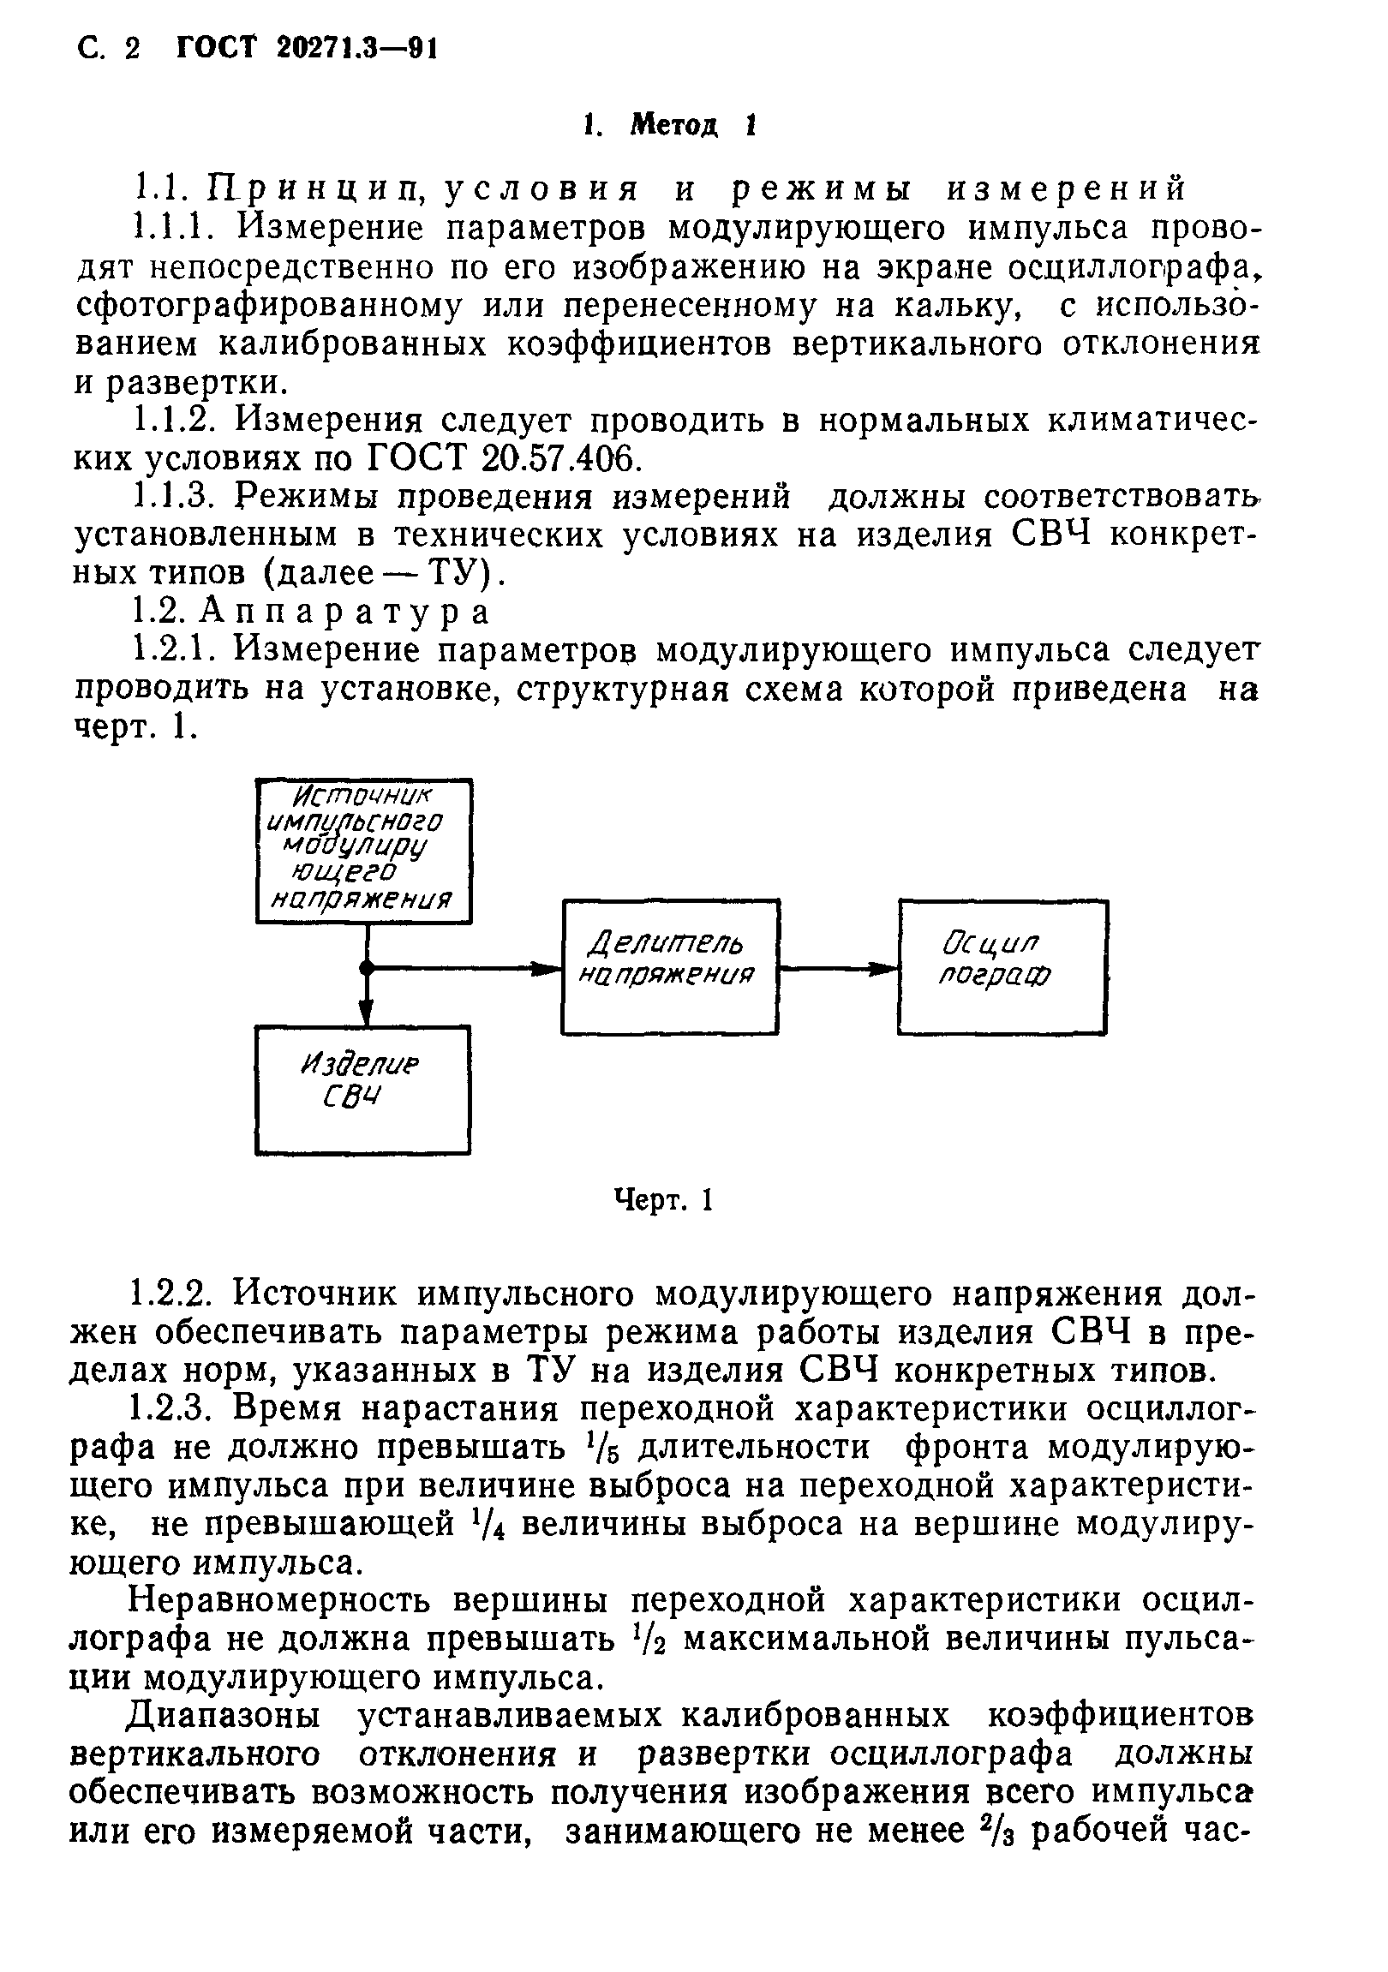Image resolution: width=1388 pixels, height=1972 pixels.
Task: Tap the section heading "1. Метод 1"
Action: [x=669, y=127]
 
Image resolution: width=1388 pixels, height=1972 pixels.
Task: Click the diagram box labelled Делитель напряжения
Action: [x=670, y=966]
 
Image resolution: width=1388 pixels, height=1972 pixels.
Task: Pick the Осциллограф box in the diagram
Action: [x=1002, y=966]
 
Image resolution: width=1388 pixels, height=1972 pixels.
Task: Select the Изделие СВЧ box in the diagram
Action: [x=362, y=1089]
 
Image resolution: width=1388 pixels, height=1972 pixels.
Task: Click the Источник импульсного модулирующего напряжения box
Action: [x=364, y=852]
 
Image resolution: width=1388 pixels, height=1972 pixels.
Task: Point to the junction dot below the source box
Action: [x=366, y=968]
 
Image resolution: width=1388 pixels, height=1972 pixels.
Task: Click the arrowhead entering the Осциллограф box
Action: [x=884, y=968]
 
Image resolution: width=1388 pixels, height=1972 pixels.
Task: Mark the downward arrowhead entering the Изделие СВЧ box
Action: [x=366, y=1014]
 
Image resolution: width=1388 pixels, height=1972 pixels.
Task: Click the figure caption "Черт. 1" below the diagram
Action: [x=664, y=1200]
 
